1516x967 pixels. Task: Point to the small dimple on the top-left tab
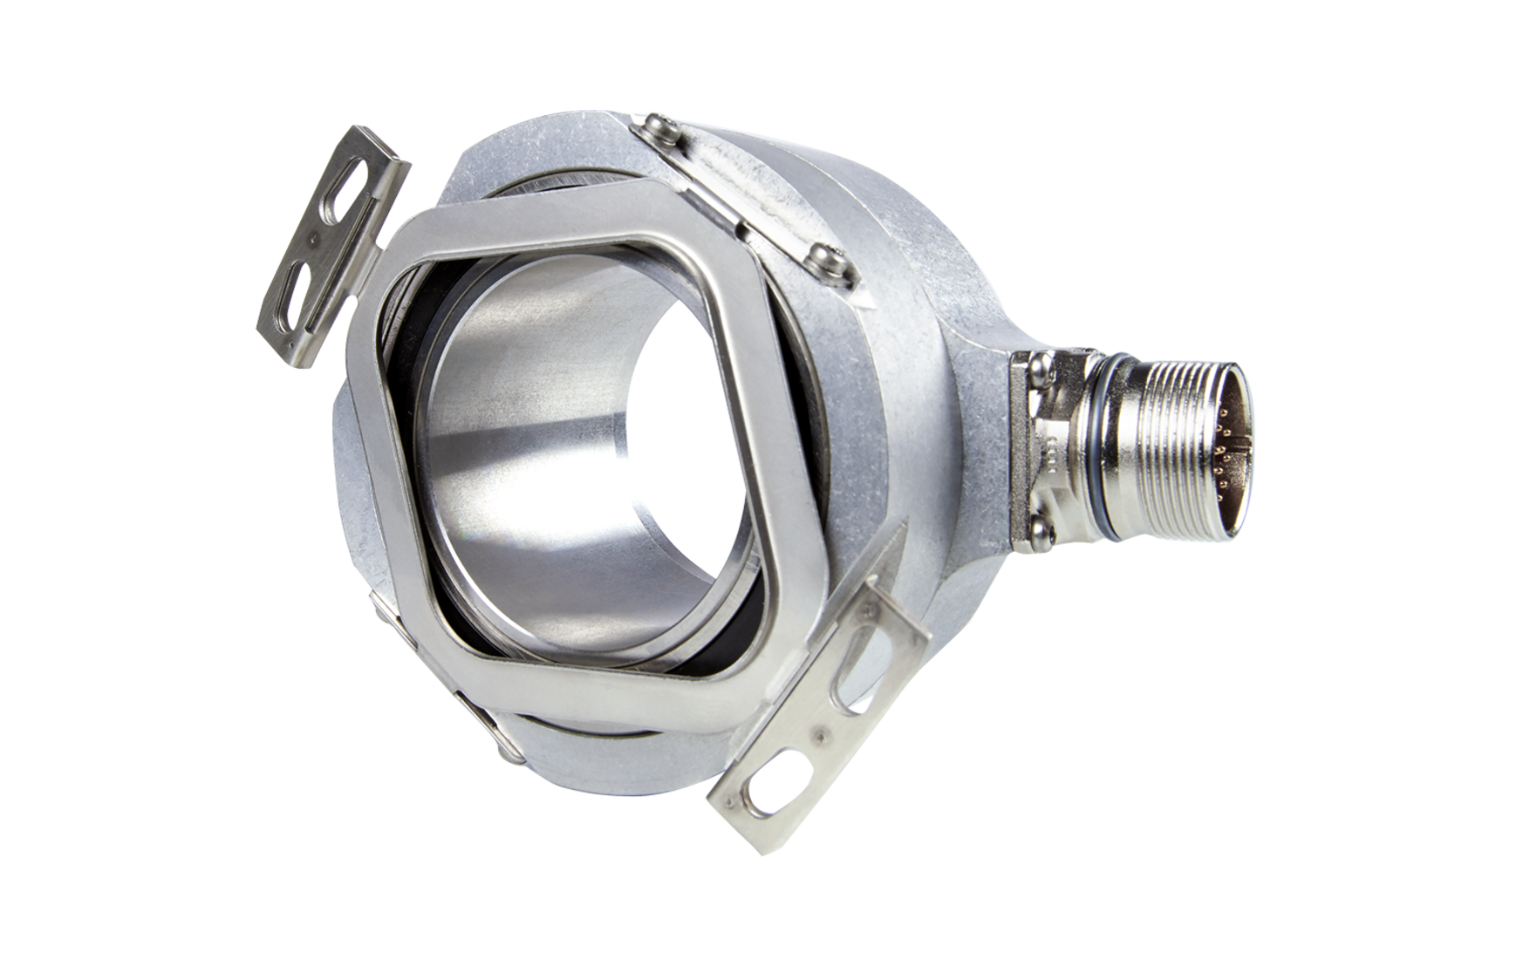(315, 235)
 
